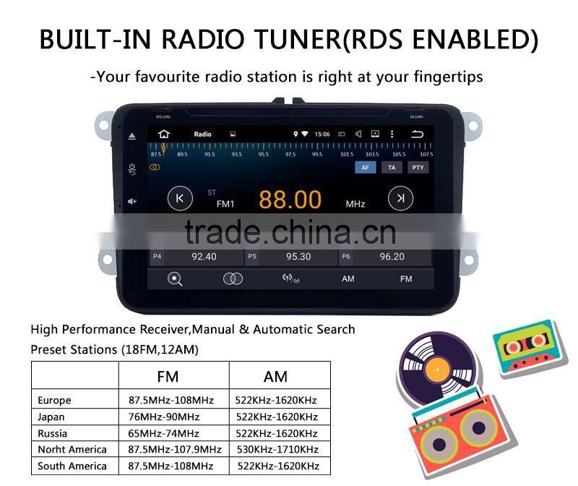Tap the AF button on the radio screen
coord(365,167)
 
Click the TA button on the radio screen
coord(392,167)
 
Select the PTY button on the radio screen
coord(418,167)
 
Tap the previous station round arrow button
coord(180,198)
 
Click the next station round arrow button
coord(400,198)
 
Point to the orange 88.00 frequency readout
coord(290,200)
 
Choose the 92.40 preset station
coord(204,257)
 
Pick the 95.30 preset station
coord(298,257)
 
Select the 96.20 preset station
coord(392,257)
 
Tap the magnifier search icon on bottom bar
coord(175,279)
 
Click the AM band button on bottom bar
coord(348,279)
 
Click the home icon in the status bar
coord(164,134)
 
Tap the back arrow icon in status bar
coord(417,134)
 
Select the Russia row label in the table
coord(53,433)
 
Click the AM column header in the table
coord(275,376)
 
